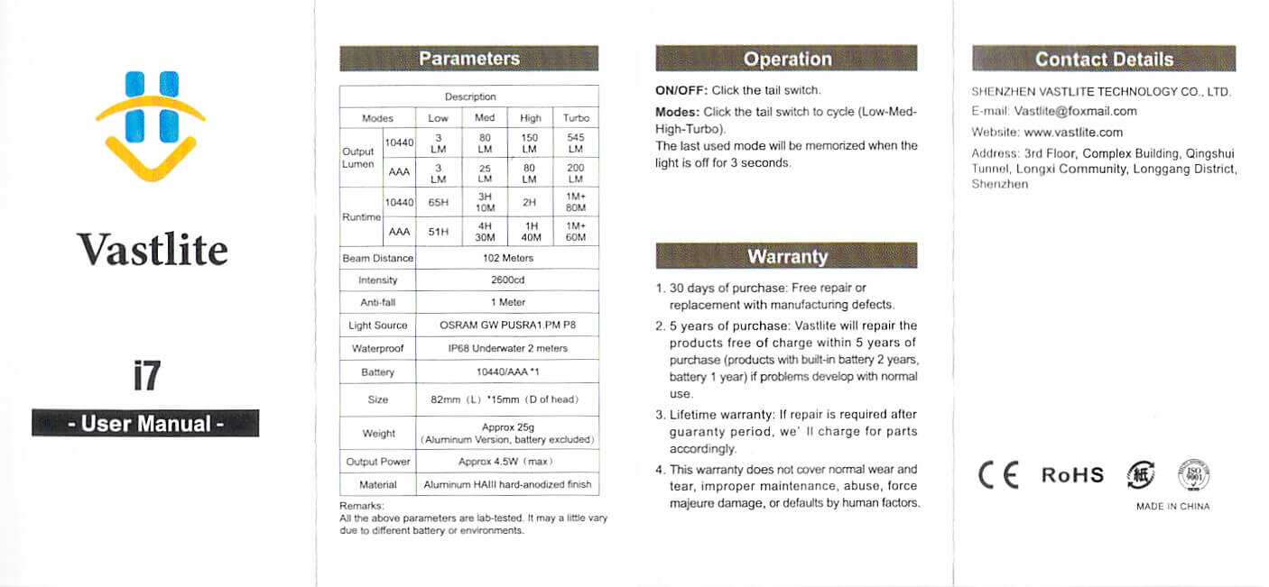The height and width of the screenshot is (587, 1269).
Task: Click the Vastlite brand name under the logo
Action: (152, 250)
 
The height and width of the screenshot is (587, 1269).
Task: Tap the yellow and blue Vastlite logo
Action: (151, 125)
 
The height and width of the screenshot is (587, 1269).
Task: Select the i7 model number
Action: (145, 375)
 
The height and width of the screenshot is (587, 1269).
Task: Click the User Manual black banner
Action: (145, 423)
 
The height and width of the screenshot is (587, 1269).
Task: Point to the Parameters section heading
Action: (468, 59)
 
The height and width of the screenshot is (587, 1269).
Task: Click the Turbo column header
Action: (576, 118)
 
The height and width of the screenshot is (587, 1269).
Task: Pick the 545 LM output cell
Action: (576, 143)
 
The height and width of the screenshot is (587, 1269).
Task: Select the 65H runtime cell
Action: (439, 203)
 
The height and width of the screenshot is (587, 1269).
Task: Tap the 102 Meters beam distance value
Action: (507, 258)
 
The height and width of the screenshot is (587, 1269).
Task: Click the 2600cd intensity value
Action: (507, 280)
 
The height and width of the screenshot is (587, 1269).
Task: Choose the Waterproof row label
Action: (377, 348)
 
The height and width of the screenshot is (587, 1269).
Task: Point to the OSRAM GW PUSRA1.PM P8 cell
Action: (507, 326)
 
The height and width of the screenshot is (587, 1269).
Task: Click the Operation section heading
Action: (787, 60)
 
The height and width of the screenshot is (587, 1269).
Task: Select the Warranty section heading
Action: (787, 256)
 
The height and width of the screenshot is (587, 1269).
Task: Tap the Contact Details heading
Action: (1104, 60)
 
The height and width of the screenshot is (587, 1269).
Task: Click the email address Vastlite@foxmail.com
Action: (1075, 112)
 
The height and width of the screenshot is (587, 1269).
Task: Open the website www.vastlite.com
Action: (1073, 133)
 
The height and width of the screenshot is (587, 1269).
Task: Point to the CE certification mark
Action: (998, 474)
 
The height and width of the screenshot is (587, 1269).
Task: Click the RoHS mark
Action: (1072, 475)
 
